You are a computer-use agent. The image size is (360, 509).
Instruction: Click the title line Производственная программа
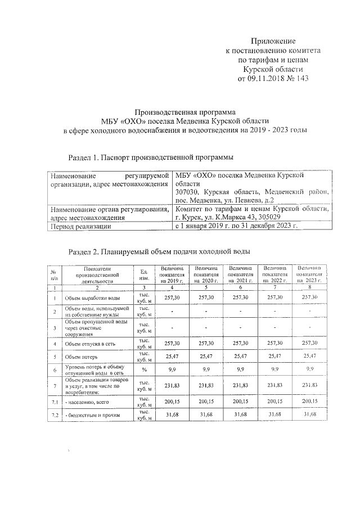(x=181, y=111)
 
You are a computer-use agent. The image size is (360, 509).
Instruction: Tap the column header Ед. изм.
(x=144, y=275)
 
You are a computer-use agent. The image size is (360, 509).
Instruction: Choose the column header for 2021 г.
(x=240, y=275)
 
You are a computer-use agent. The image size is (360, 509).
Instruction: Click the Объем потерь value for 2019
(x=170, y=357)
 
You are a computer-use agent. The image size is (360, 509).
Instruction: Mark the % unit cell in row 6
(x=144, y=371)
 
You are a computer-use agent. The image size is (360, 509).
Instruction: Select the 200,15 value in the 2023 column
(x=309, y=401)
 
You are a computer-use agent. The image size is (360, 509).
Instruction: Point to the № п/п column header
(x=55, y=275)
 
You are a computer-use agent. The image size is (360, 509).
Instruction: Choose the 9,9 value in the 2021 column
(x=240, y=371)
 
